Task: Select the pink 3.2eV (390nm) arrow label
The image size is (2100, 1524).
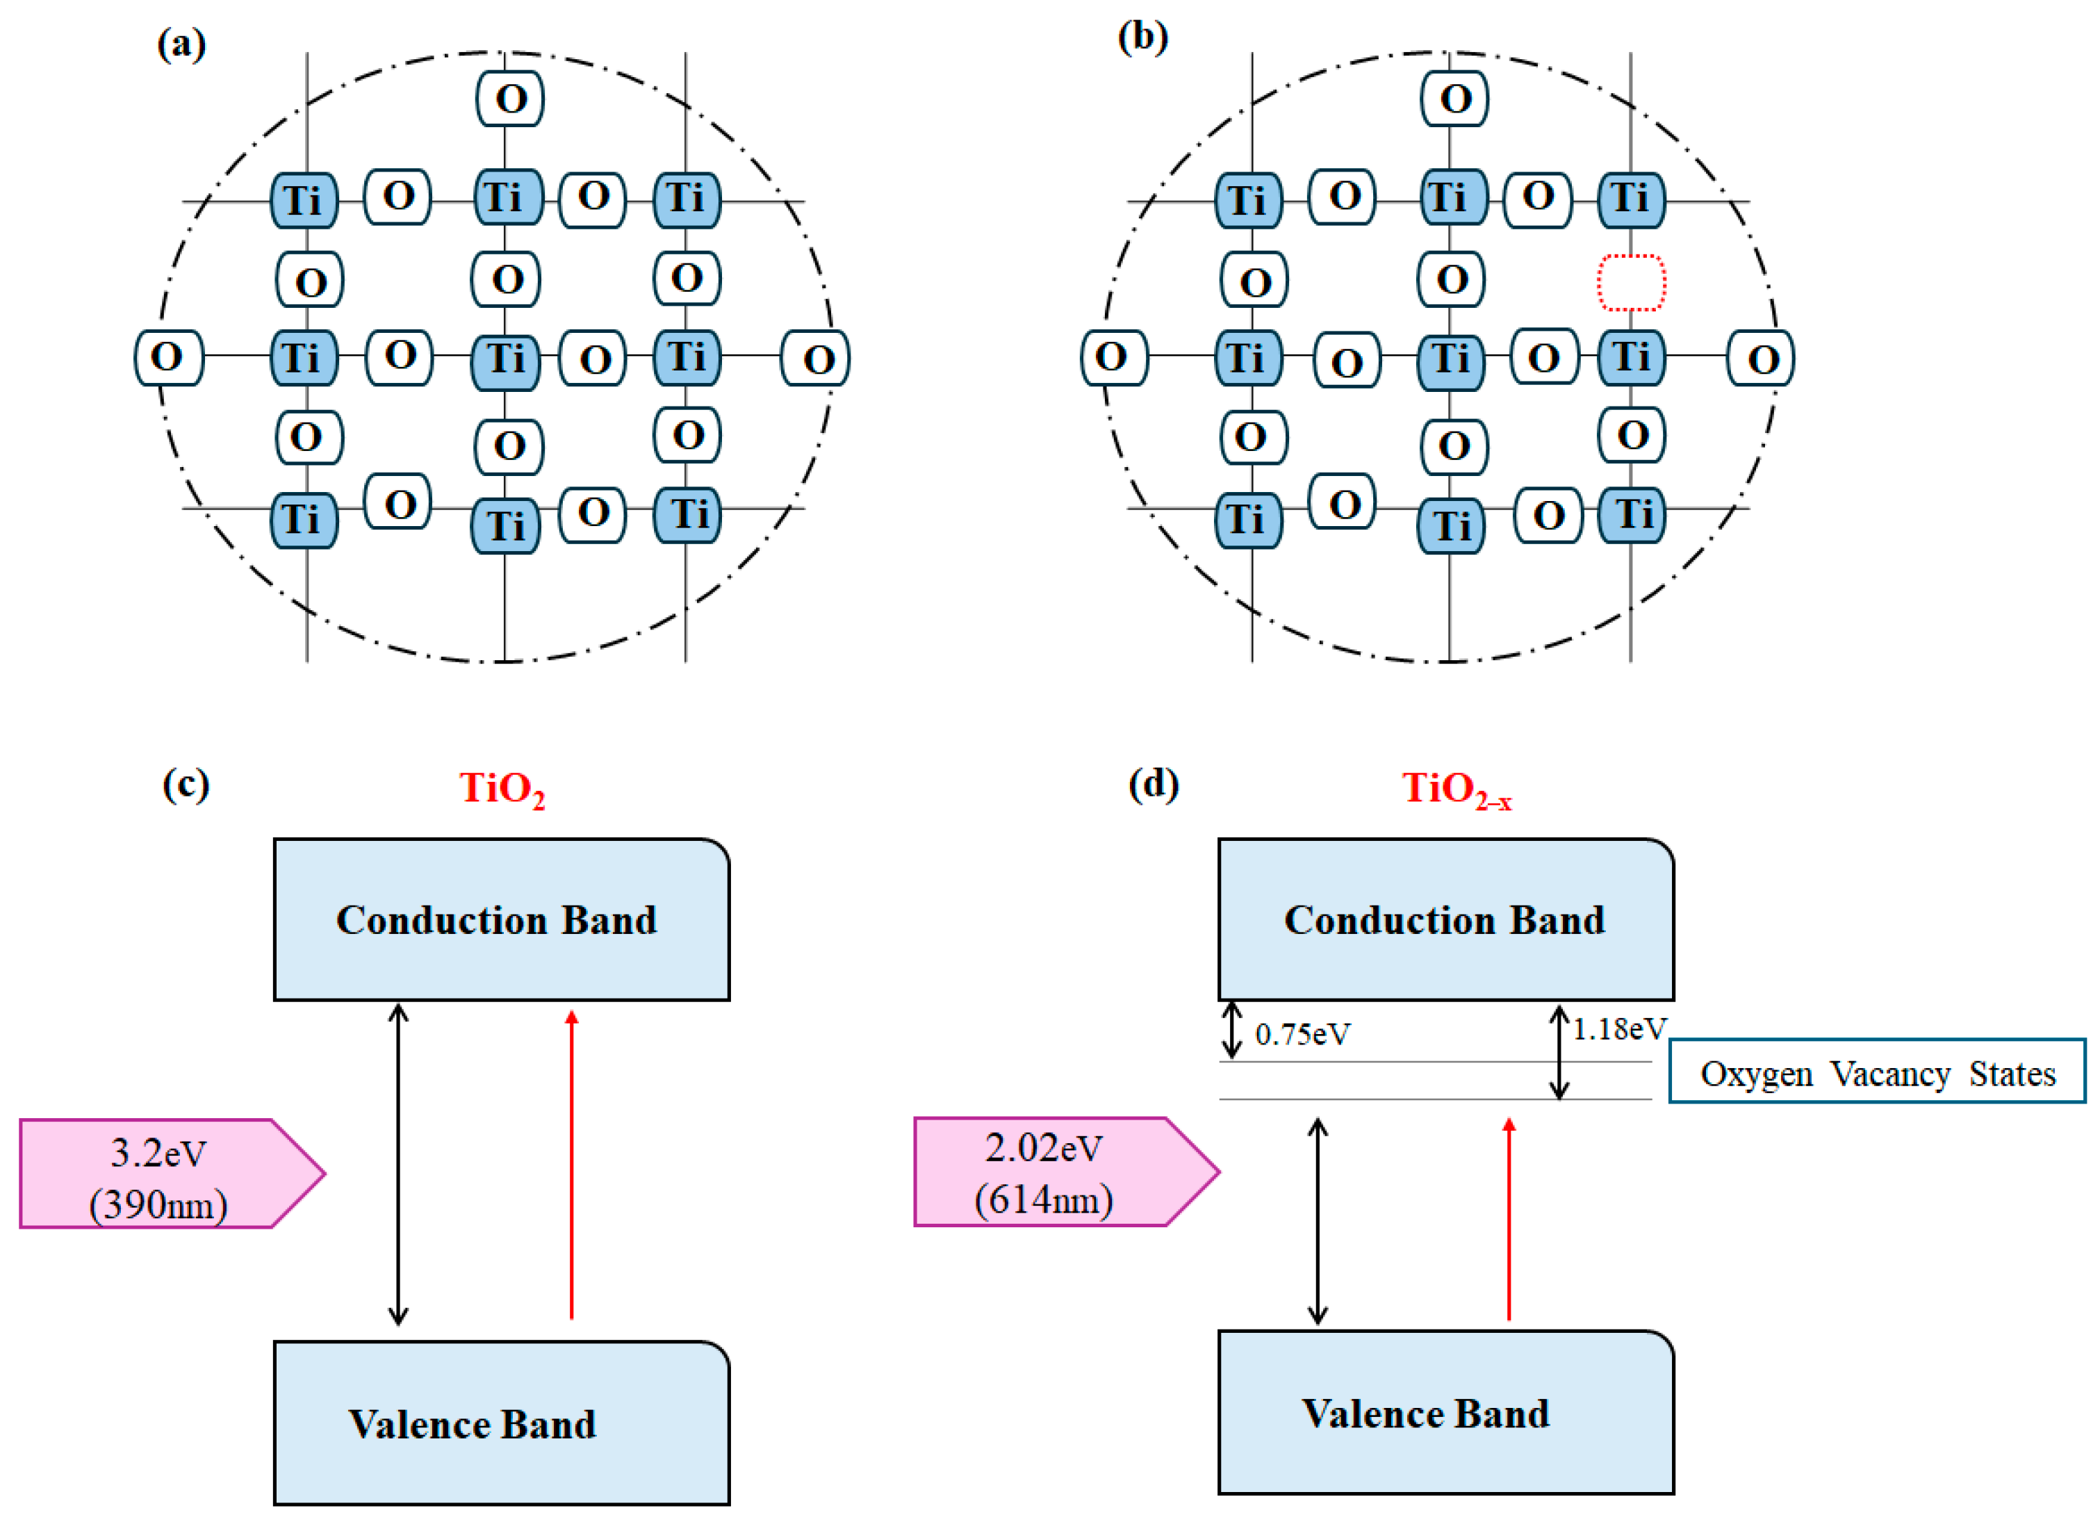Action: pos(162,1174)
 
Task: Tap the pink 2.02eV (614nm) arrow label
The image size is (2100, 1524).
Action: pos(1056,1172)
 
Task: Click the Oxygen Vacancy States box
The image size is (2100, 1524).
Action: pos(1876,1072)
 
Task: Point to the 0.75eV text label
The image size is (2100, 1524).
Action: pos(1302,1034)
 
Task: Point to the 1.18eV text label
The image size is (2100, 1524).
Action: pos(1618,1029)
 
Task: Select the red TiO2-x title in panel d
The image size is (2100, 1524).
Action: pos(1456,789)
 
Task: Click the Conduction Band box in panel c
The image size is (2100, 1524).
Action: pos(501,919)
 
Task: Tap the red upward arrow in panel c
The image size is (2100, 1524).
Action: pos(571,1167)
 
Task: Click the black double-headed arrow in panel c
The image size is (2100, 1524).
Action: pos(398,1165)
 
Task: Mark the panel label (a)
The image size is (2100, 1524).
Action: pos(181,44)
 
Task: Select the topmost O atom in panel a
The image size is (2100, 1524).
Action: pos(510,98)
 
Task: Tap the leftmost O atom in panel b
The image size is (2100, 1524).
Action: pos(1114,357)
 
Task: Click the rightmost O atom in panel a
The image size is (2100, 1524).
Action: pos(816,359)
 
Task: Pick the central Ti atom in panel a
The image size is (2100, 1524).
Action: pos(506,360)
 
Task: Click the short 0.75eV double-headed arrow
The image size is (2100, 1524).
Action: pos(1231,1030)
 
